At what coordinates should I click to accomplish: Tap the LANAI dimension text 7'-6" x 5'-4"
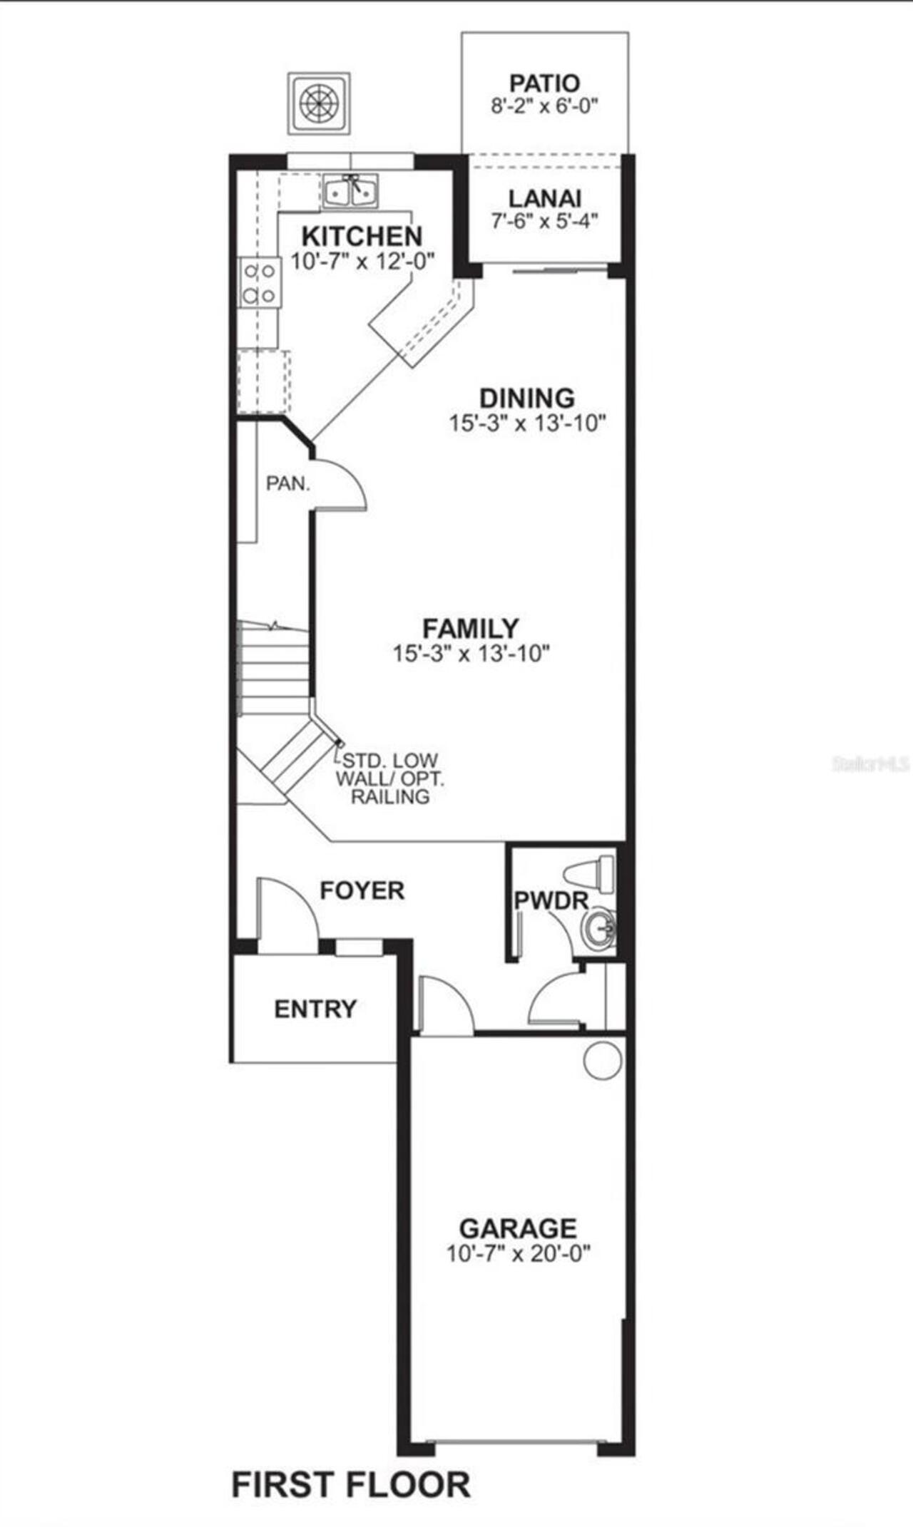[x=544, y=221]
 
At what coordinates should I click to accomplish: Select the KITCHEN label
[x=362, y=236]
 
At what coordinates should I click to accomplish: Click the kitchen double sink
[x=351, y=191]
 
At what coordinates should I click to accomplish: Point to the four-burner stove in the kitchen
[x=259, y=282]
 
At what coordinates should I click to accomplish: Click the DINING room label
[x=526, y=398]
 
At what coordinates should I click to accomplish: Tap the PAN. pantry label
[x=288, y=483]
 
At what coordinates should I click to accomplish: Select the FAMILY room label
[x=471, y=628]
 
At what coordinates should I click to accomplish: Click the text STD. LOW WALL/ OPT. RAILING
[x=389, y=778]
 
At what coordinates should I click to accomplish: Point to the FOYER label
[x=362, y=890]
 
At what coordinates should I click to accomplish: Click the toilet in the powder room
[x=591, y=875]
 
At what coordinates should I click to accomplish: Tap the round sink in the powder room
[x=598, y=929]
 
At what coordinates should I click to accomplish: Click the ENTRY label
[x=315, y=1009]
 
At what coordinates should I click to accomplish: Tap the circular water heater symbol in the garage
[x=603, y=1059]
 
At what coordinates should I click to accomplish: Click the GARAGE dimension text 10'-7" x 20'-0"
[x=519, y=1253]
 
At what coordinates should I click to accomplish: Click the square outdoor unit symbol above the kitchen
[x=319, y=103]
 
